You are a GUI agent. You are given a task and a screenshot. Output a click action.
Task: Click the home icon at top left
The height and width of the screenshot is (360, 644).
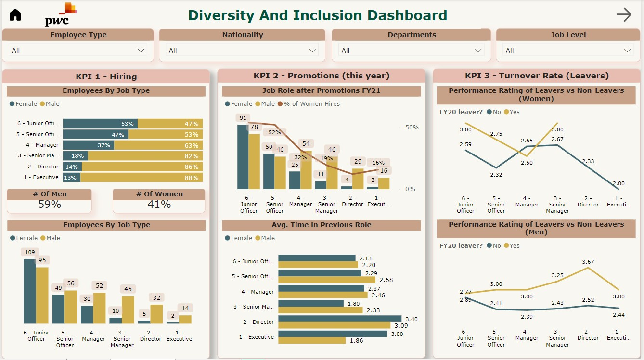click(15, 15)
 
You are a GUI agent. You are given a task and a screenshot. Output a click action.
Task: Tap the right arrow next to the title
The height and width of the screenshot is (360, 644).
click(624, 15)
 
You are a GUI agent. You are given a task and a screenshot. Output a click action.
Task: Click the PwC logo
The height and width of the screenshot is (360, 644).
click(60, 16)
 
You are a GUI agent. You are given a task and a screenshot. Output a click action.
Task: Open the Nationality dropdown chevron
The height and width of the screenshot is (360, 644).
click(313, 51)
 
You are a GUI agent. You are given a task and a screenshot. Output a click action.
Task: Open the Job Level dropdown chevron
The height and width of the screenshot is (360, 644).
click(628, 51)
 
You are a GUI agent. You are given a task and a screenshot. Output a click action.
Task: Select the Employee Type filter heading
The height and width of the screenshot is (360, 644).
click(78, 35)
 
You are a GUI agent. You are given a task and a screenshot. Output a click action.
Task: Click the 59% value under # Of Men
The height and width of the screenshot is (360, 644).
click(50, 204)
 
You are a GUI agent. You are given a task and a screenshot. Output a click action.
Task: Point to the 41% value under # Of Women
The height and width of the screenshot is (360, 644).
click(159, 204)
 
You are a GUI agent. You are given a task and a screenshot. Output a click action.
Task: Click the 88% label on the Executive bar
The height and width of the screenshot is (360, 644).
click(192, 178)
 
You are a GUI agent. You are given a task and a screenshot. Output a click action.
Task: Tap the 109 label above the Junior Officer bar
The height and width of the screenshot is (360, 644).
click(30, 252)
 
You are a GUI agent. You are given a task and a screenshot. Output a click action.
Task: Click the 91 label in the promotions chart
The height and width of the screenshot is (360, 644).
click(243, 118)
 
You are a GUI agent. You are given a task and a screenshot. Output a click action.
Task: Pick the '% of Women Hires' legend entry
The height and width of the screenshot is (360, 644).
click(311, 104)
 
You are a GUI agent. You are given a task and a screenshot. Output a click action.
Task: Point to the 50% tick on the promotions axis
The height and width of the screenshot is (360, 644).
click(412, 128)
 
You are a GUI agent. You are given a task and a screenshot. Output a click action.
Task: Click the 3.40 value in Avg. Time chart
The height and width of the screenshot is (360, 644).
click(412, 319)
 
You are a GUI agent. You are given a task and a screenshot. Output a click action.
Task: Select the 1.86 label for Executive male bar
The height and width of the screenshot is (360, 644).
click(357, 341)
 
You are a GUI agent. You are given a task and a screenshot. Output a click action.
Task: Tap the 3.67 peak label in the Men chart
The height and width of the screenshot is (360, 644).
click(588, 262)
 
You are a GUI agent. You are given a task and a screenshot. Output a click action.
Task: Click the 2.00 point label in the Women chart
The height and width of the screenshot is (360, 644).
click(618, 183)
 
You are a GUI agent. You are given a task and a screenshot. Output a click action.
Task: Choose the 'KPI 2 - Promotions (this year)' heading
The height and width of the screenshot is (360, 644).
click(322, 76)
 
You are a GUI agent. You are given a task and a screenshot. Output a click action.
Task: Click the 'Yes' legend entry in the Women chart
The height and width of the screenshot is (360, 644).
click(515, 112)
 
